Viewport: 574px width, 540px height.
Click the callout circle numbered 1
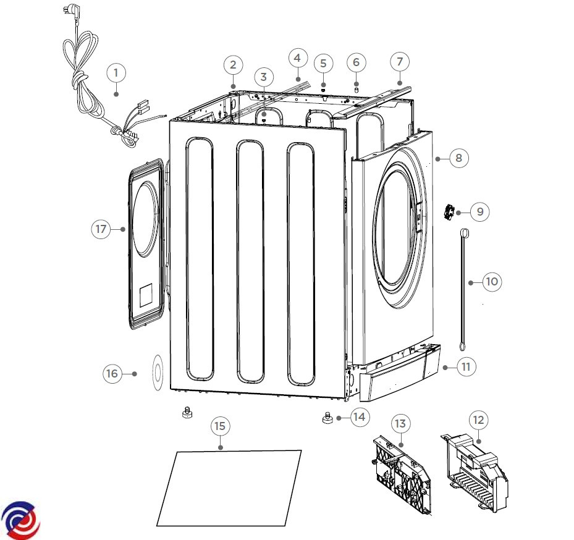pos(116,72)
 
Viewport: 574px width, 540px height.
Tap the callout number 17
pos(101,229)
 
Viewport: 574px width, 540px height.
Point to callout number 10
pos(491,282)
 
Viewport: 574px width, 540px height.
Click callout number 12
pos(478,421)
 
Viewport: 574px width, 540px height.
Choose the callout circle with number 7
pos(400,62)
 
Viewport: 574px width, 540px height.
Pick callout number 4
pos(297,58)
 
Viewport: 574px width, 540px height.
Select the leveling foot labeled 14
pos(327,420)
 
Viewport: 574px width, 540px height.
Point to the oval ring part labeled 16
pos(156,373)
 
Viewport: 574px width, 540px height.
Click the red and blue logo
pos(20,520)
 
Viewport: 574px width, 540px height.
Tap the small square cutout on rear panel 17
pos(146,296)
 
